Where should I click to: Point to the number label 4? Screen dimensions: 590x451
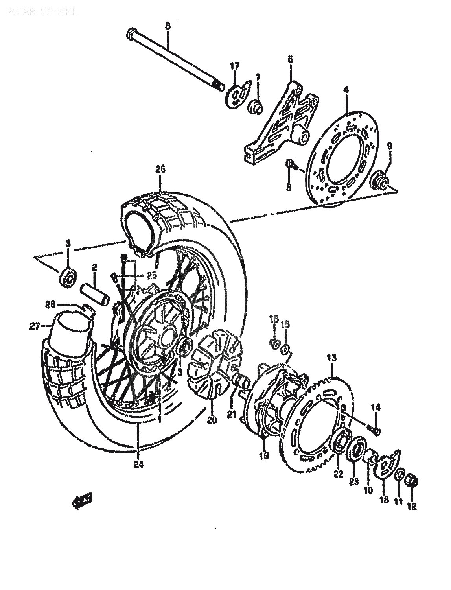coord(346,90)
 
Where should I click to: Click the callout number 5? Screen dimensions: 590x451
coord(289,188)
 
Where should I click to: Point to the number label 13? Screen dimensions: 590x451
coord(331,358)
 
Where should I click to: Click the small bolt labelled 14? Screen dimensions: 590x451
coord(376,431)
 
